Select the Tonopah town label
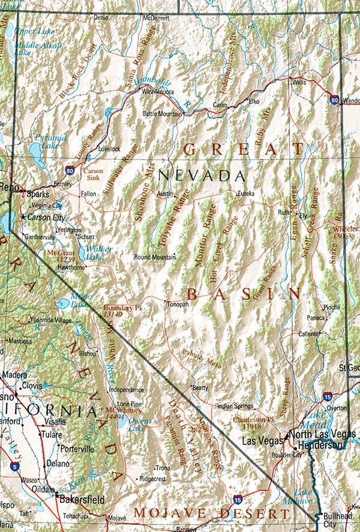click(x=178, y=304)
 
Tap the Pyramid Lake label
click(x=46, y=142)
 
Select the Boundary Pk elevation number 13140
click(x=113, y=314)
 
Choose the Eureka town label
click(x=246, y=194)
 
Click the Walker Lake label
click(x=99, y=253)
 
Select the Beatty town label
click(x=200, y=388)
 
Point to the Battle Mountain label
click(x=162, y=113)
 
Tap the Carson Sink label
click(x=94, y=175)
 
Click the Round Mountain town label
click(x=155, y=257)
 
